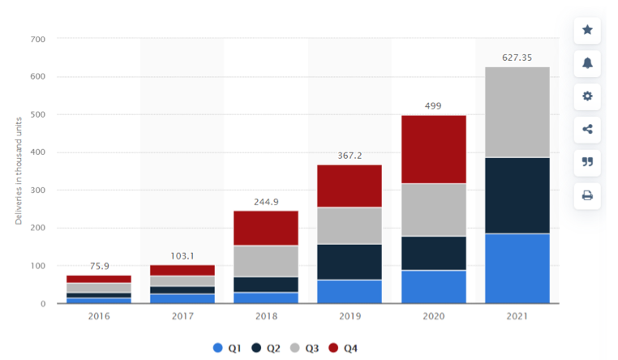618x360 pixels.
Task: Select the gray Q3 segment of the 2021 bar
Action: coord(516,112)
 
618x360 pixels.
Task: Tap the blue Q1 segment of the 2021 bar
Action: coord(516,268)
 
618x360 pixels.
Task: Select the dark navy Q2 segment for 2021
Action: coord(516,195)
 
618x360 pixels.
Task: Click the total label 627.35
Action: coord(516,57)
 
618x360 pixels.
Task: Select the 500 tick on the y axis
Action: coord(37,114)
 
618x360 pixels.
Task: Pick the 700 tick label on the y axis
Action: coord(37,39)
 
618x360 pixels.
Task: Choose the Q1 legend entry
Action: coord(228,348)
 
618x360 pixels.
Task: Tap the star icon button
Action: coord(587,30)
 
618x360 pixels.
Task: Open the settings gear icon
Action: coord(587,96)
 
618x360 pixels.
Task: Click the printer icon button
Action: coord(587,195)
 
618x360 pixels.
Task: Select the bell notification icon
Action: coord(587,63)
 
